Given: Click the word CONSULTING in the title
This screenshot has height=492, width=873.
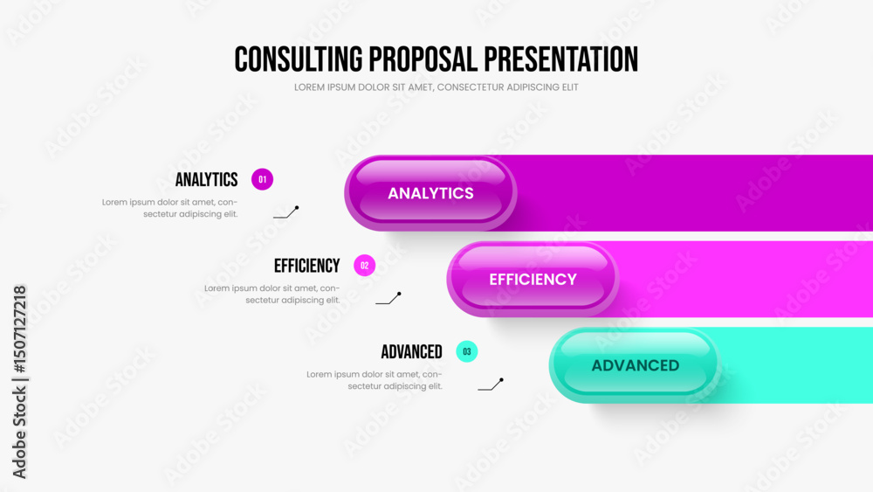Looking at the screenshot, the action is tap(299, 59).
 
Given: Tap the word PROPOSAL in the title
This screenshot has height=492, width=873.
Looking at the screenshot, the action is tap(423, 59).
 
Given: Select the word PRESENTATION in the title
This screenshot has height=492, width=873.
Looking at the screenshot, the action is tap(560, 59).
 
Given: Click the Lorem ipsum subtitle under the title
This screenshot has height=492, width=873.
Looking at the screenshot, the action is tap(436, 87).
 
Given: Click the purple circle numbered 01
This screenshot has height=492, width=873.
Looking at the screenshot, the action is tap(262, 179).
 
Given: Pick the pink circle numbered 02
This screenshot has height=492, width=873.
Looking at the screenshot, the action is tap(365, 265).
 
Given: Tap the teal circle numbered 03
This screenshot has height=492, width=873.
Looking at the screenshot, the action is tap(466, 351).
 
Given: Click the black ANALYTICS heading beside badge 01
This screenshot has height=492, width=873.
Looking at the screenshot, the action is tap(207, 179).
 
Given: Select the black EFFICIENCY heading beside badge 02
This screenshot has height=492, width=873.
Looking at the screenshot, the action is tap(306, 266).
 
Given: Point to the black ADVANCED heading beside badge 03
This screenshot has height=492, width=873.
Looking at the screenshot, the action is tap(411, 352).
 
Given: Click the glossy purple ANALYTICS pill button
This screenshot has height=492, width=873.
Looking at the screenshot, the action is tap(430, 193).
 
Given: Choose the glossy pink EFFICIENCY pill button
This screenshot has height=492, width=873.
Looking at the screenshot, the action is tap(533, 279).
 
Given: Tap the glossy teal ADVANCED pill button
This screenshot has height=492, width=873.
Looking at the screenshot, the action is tap(636, 365).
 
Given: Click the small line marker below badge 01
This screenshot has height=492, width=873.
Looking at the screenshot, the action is tap(286, 212).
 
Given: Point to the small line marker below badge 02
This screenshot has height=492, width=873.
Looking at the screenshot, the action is tap(388, 298).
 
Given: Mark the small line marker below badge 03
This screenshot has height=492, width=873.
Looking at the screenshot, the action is tap(491, 385).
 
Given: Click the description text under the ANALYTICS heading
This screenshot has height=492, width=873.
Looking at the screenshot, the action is tap(170, 208).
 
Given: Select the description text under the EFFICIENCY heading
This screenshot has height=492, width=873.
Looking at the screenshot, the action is tap(272, 295).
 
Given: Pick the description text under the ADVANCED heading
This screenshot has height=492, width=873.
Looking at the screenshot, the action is tap(375, 380).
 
